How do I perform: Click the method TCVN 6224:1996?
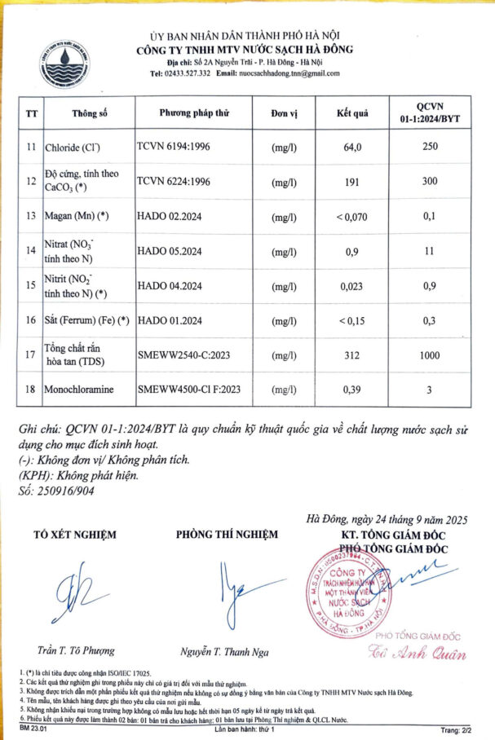[175, 182]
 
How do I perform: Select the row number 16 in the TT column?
[32, 320]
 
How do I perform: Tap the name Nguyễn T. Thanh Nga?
[225, 652]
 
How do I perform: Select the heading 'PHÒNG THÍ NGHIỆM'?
[227, 535]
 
